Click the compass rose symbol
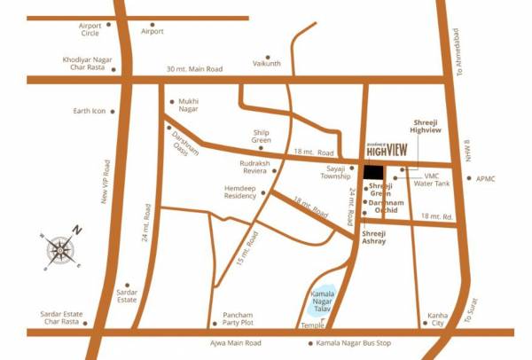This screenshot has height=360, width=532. tap(59, 250)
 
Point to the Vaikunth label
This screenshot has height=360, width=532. tap(266, 64)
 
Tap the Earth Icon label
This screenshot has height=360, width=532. tap(89, 112)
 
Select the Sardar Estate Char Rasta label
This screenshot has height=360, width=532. tap(72, 318)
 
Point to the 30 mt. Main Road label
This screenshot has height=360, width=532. tap(195, 69)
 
